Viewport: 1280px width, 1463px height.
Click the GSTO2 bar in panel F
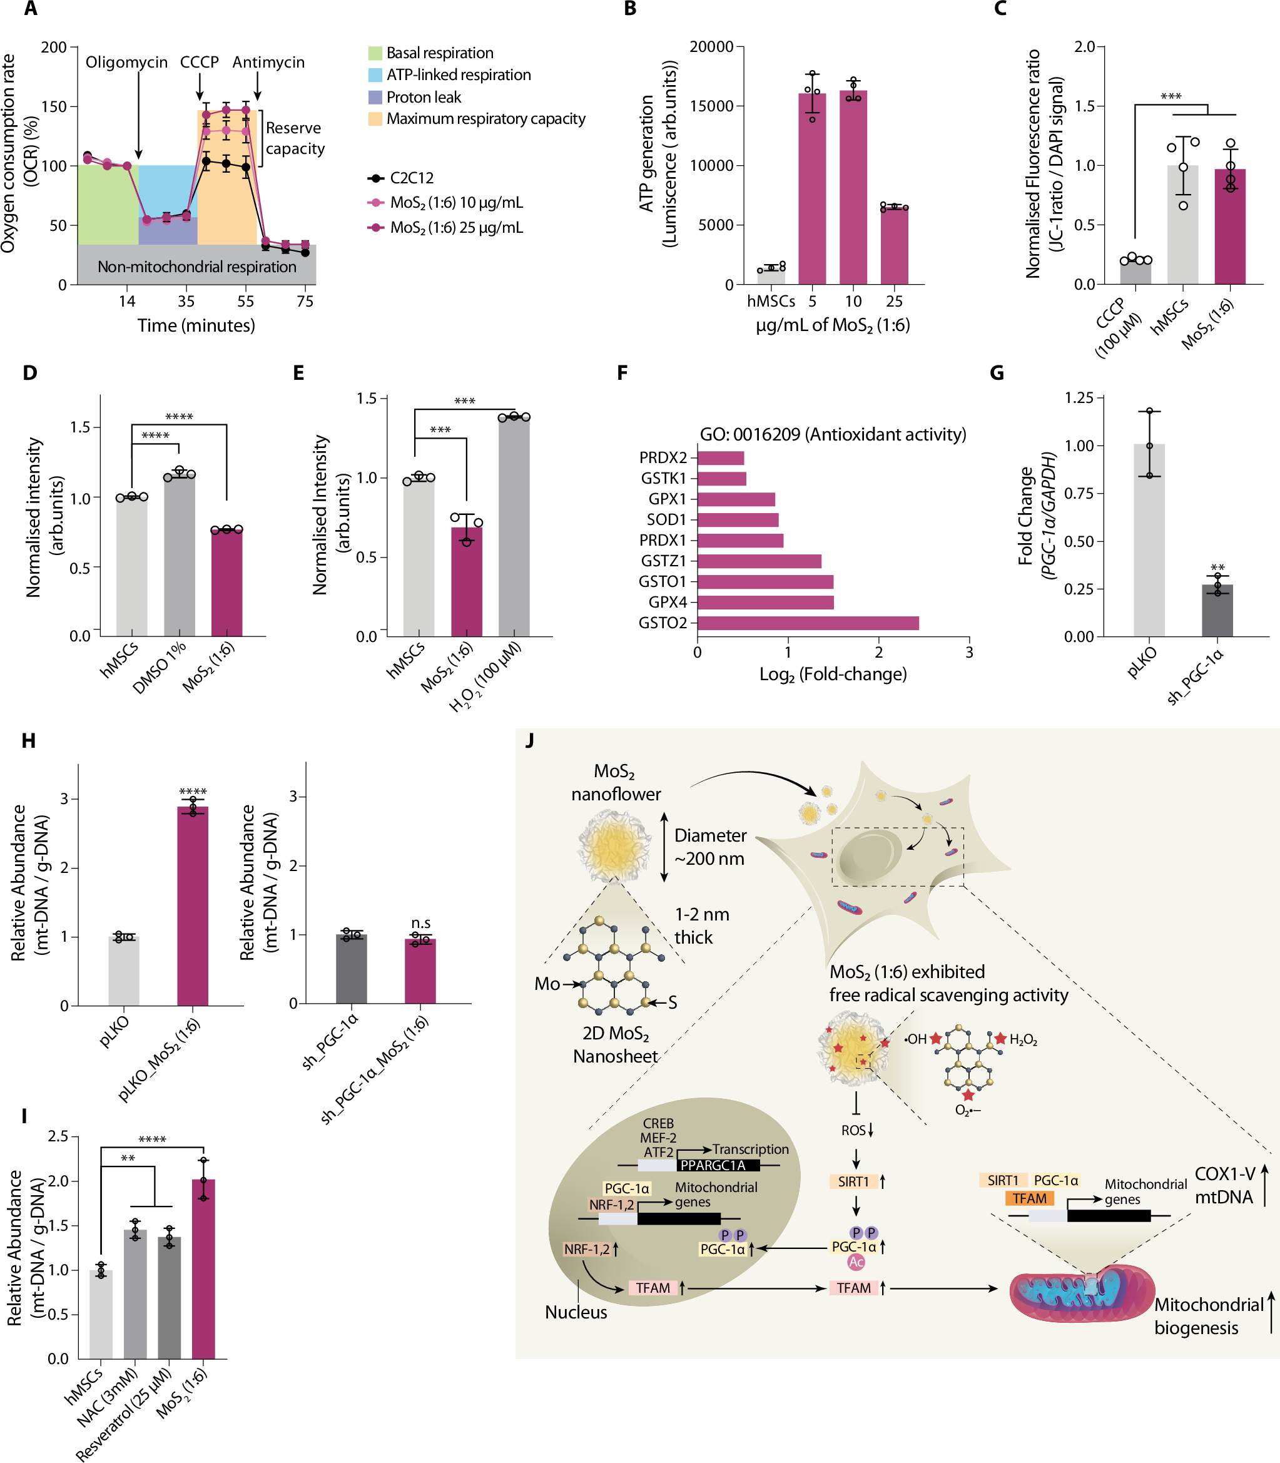[807, 623]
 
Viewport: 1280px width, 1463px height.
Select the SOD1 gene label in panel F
[666, 519]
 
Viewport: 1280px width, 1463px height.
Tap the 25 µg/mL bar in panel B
[893, 246]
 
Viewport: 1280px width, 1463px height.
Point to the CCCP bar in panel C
[1135, 272]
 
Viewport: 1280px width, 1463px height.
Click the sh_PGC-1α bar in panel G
[1217, 611]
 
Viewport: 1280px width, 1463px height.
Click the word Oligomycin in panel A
[126, 63]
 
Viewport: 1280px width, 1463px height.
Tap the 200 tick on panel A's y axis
[54, 47]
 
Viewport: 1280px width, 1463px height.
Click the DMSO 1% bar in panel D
[180, 555]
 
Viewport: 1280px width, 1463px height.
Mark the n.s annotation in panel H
[420, 923]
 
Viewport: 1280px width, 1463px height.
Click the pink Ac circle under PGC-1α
[856, 1262]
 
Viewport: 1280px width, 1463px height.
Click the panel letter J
[529, 740]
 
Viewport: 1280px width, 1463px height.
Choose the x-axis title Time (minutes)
[196, 326]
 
